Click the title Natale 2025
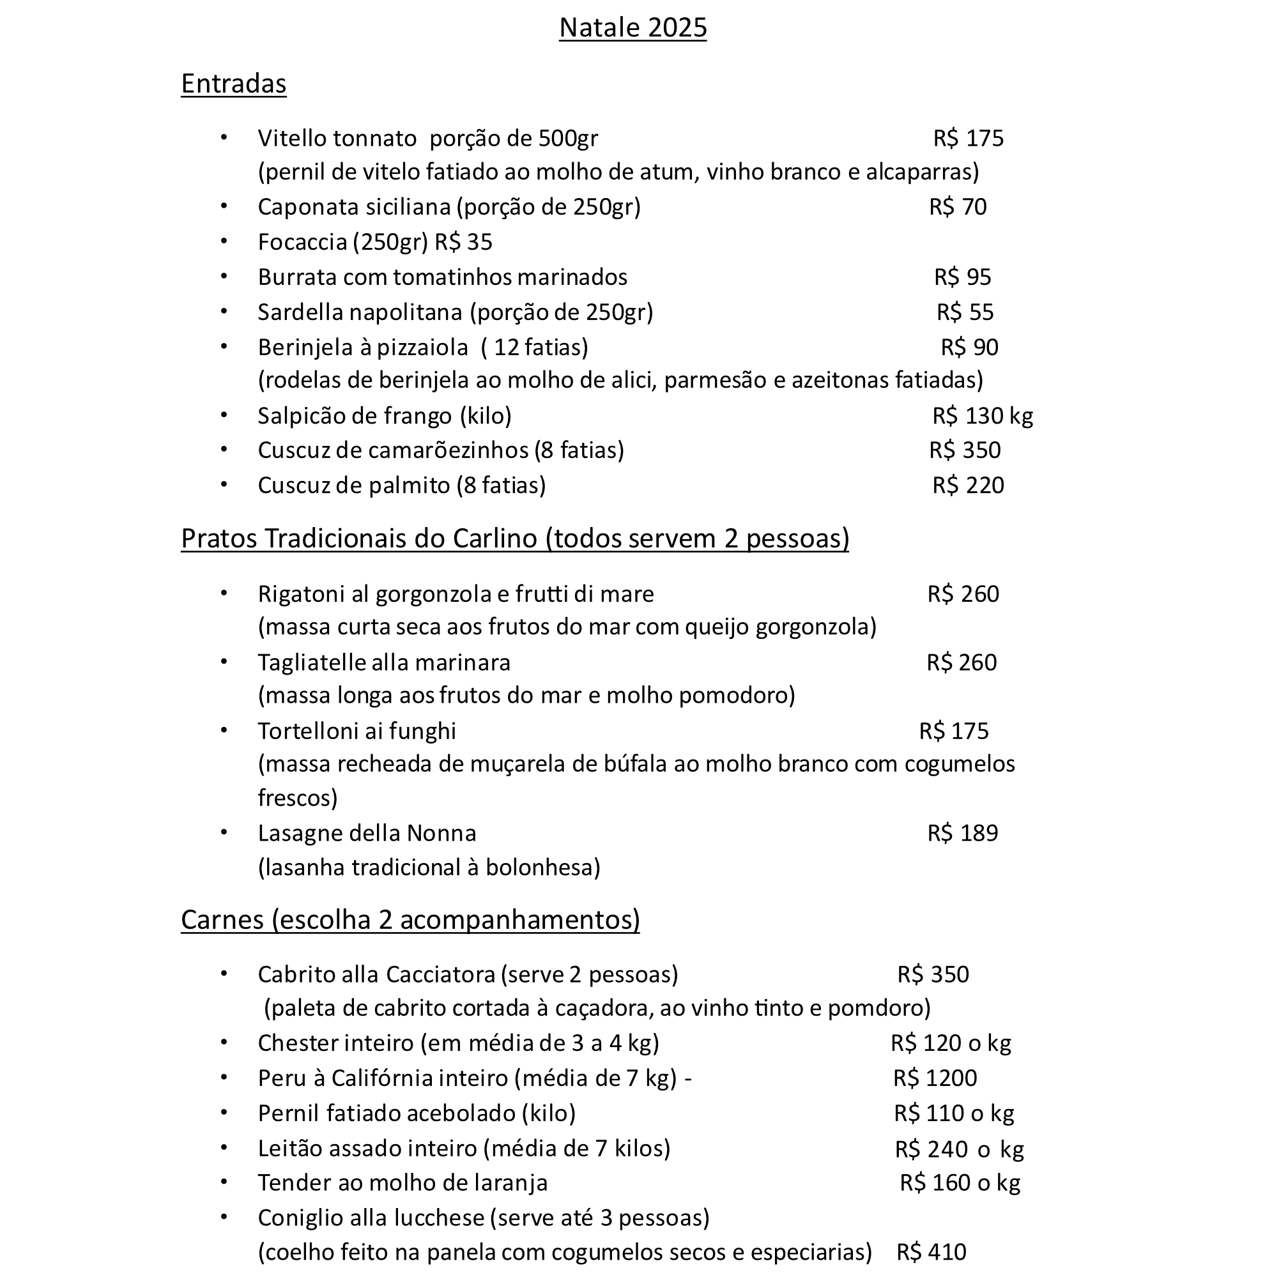[632, 27]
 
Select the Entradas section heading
[233, 84]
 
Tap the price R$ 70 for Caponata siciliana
[957, 207]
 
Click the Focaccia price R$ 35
[463, 242]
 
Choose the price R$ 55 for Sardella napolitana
[965, 312]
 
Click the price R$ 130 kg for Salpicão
[982, 416]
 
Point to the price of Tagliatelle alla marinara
[961, 662]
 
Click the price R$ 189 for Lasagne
[962, 833]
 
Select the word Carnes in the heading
[222, 919]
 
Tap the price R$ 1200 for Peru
[935, 1078]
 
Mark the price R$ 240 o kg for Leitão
[959, 1149]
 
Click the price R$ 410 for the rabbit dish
[931, 1252]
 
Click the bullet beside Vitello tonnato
[224, 137]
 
